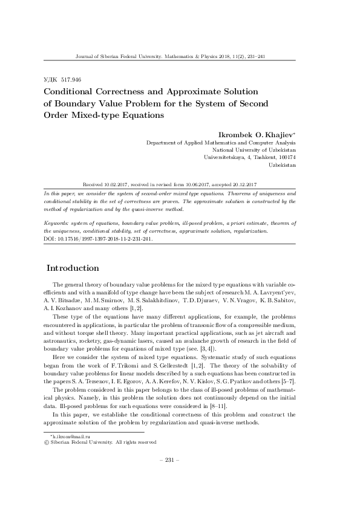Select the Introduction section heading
click(73, 268)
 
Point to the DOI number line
click(91, 238)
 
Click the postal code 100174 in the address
click(284, 157)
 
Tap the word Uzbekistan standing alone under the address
click(282, 164)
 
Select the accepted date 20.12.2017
click(245, 184)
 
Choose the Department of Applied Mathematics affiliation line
click(221, 143)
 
